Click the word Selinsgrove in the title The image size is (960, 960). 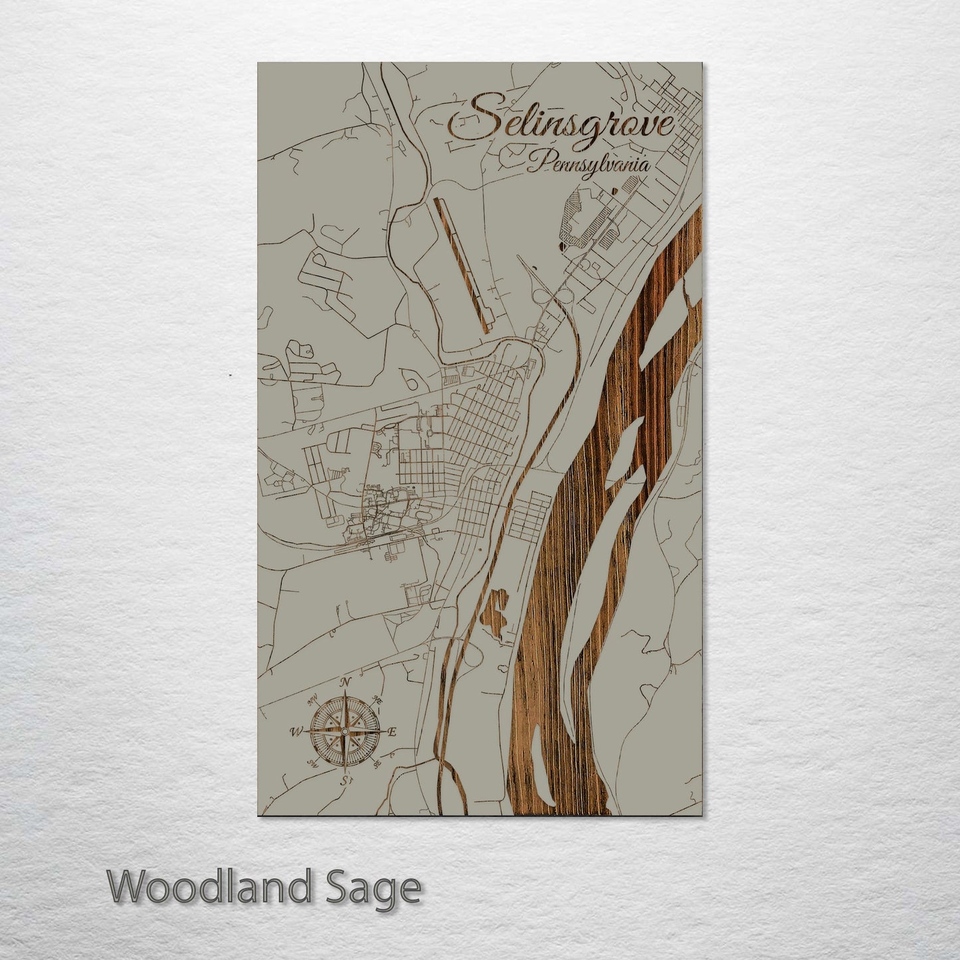pyautogui.click(x=561, y=123)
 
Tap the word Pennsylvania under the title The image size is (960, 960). pyautogui.click(x=588, y=163)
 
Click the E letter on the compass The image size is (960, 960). pyautogui.click(x=392, y=732)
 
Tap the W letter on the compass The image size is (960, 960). pyautogui.click(x=294, y=732)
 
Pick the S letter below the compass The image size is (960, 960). pyautogui.click(x=345, y=779)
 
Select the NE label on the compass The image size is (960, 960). pyautogui.click(x=377, y=700)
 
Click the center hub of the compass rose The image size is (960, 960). pyautogui.click(x=344, y=731)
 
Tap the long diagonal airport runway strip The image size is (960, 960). pyautogui.click(x=462, y=264)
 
